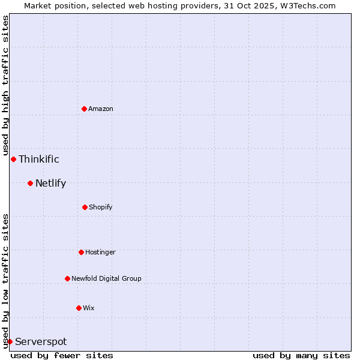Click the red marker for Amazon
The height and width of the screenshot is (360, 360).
[84, 109]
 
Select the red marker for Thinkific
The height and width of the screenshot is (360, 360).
[13, 159]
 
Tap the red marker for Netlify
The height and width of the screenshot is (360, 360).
[30, 183]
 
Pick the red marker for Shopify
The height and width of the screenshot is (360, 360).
[85, 207]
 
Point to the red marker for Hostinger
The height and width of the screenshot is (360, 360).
[81, 252]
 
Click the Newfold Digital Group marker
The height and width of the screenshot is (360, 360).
[67, 278]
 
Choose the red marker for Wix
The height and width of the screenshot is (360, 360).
[79, 308]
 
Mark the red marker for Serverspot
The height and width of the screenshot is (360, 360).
[10, 341]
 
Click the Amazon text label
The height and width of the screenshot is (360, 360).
[101, 109]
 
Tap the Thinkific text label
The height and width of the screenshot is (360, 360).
[39, 159]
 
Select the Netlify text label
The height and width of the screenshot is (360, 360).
[50, 183]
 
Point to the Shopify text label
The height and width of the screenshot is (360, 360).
[101, 207]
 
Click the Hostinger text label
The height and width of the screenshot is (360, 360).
[100, 252]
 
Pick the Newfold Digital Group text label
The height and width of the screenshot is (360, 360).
[106, 278]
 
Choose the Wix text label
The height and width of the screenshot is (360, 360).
[89, 308]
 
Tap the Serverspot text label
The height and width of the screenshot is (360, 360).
[41, 341]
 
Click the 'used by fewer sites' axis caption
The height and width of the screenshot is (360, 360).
[62, 355]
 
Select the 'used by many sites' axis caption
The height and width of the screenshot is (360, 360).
[301, 355]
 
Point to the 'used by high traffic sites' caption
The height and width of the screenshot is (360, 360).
[5, 85]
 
